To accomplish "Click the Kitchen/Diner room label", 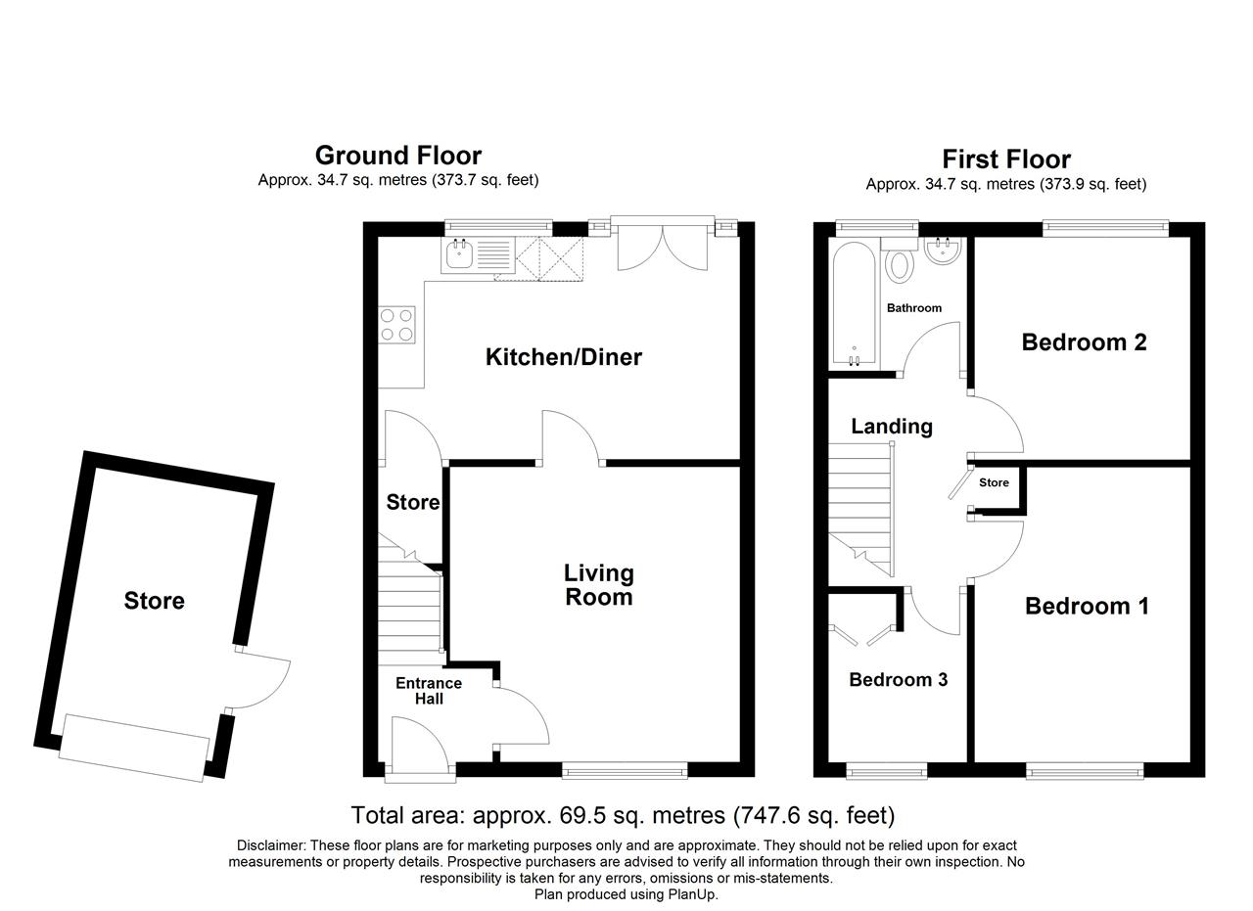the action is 563,357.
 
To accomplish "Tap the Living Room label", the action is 598,585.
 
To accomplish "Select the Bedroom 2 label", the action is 1084,342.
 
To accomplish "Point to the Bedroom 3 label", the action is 899,679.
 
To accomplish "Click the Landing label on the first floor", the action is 892,427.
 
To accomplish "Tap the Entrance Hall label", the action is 429,691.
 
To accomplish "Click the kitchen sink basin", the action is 459,255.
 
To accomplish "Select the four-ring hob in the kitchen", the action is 397,325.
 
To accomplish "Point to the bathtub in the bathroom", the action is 854,304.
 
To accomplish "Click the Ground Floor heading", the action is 398,156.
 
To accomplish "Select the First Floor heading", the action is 1006,159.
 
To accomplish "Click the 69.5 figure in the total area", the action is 582,815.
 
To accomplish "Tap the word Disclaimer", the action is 271,845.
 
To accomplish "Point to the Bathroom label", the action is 914,308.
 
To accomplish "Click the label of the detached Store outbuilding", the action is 155,601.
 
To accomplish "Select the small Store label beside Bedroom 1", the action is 994,482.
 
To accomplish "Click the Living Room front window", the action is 625,773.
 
